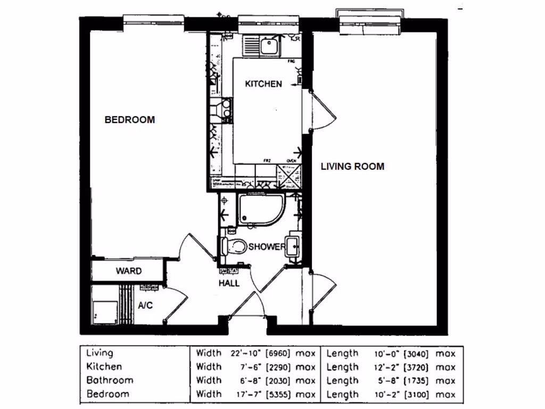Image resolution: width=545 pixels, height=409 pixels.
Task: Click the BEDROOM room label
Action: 129,120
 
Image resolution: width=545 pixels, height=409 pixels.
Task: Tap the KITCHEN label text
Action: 263,84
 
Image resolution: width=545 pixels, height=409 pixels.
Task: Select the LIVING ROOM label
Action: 352,166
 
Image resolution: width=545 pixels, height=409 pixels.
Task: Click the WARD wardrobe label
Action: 129,271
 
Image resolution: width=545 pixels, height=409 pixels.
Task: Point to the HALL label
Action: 229,283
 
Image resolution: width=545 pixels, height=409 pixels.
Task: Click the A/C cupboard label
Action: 145,306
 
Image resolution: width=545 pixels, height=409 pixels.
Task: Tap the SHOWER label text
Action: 267,247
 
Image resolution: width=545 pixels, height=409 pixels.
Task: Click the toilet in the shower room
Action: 234,247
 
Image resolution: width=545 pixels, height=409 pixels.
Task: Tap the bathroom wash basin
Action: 293,246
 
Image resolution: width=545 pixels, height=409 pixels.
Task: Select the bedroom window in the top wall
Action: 154,20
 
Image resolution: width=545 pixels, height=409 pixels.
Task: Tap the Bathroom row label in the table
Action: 110,380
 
